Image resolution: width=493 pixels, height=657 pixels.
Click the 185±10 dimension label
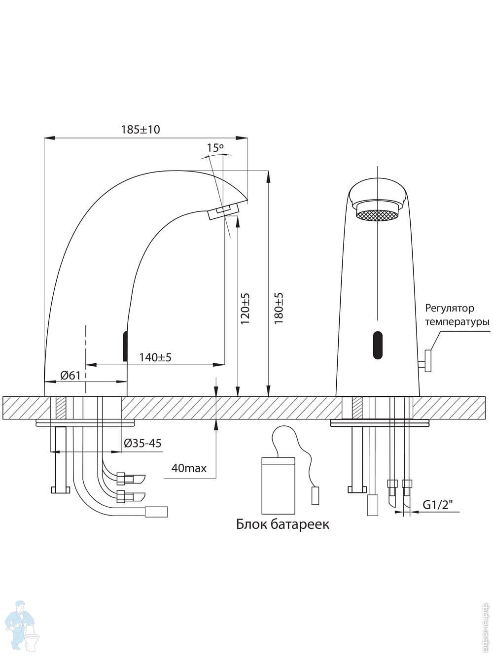(141, 130)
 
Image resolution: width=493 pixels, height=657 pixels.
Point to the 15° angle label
(215, 147)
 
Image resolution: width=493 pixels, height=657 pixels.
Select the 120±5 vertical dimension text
(245, 309)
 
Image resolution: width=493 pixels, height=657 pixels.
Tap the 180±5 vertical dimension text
(279, 309)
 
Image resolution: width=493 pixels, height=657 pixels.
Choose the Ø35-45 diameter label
(143, 443)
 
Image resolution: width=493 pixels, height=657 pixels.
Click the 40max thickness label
(188, 467)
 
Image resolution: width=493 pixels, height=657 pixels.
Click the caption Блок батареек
(282, 524)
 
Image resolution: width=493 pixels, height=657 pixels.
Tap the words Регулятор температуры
(457, 315)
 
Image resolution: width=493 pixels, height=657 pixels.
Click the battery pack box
(278, 485)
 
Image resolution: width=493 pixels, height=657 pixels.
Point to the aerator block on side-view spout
(223, 212)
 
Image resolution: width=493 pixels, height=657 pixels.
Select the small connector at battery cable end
(315, 495)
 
